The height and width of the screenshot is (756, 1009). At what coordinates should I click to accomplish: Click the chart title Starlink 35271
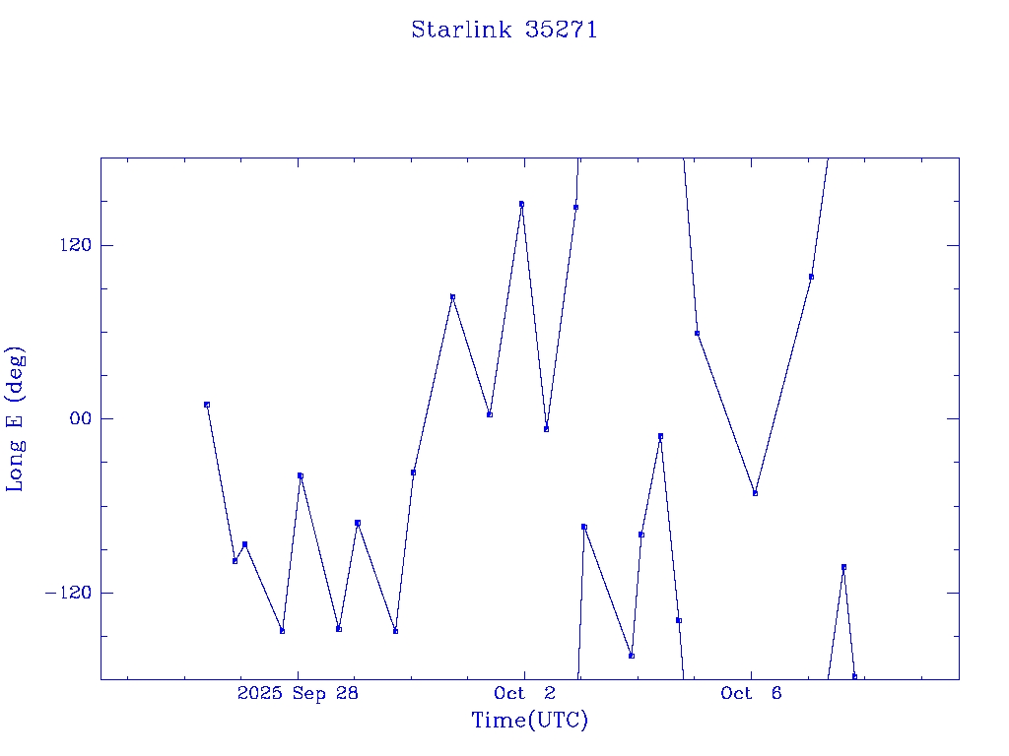[x=504, y=31]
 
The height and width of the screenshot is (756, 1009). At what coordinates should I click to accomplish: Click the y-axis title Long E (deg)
[x=16, y=418]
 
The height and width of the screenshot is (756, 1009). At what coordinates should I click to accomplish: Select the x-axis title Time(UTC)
[x=529, y=721]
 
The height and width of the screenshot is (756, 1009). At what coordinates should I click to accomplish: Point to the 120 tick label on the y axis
[x=71, y=245]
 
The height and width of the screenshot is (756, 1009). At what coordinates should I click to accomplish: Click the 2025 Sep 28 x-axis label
[x=298, y=694]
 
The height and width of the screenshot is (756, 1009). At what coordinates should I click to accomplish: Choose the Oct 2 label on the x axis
[x=524, y=694]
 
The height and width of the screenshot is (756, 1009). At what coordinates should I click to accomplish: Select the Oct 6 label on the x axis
[x=751, y=694]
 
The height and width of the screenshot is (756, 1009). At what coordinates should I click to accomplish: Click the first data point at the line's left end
[x=207, y=405]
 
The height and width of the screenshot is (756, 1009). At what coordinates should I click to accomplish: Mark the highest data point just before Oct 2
[x=521, y=204]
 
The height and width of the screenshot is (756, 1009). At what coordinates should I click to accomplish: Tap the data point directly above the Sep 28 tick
[x=301, y=475]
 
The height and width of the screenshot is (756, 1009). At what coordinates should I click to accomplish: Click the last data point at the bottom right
[x=854, y=676]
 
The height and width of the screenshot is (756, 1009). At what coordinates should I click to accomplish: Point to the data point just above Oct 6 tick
[x=755, y=493]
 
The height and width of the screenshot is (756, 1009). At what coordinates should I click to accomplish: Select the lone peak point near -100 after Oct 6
[x=843, y=567]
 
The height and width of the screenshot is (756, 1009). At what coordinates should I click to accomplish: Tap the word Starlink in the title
[x=461, y=31]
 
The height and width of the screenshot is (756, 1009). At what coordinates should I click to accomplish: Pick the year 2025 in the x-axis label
[x=259, y=694]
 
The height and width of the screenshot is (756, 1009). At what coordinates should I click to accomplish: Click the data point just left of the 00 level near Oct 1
[x=490, y=414]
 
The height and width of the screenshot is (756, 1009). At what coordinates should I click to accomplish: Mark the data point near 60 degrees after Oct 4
[x=697, y=334]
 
